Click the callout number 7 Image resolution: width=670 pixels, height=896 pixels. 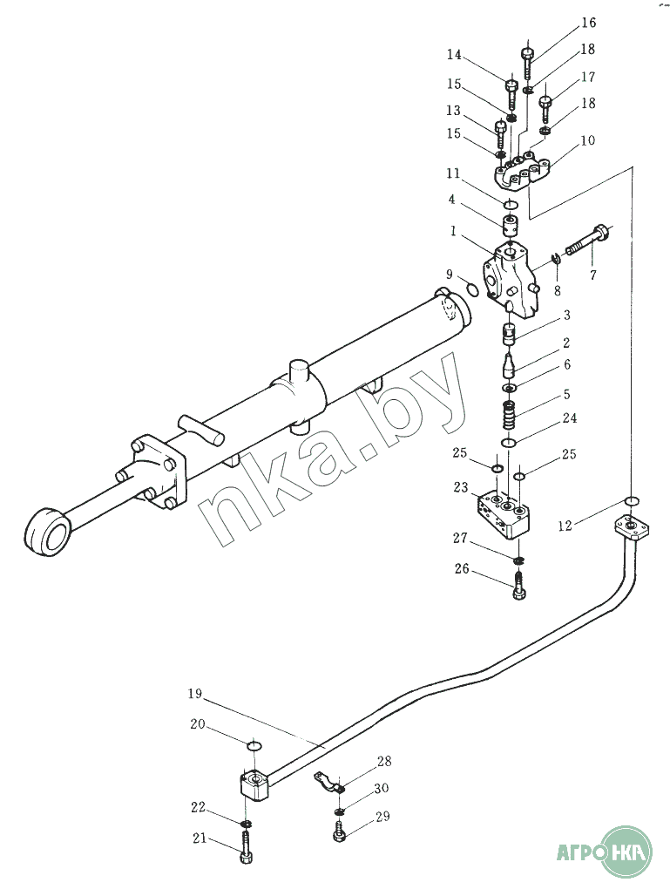point(592,275)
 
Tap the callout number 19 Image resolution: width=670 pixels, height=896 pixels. point(195,694)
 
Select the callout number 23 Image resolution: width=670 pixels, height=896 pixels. point(461,487)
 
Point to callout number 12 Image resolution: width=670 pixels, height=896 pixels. point(565,526)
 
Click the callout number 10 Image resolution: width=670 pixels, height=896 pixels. point(588,140)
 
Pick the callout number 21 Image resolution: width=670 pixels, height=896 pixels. point(200,839)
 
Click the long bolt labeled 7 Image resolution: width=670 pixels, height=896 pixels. point(588,241)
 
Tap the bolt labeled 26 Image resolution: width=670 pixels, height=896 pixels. point(518,587)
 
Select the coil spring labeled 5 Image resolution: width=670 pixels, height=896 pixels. point(510,416)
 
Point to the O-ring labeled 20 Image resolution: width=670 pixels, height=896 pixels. point(254,746)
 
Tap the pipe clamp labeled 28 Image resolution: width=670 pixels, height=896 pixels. point(328,782)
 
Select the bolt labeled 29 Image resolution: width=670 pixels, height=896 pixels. point(339,832)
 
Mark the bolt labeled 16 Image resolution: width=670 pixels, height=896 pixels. point(527,63)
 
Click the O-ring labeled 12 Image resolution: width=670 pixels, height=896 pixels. point(631,501)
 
